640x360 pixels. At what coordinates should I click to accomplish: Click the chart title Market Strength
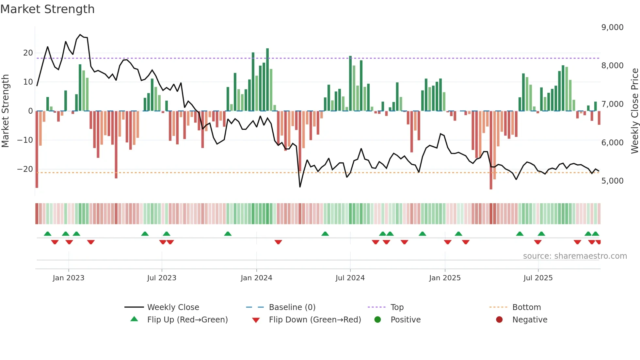pos(47,9)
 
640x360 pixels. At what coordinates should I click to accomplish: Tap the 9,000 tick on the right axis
pos(612,27)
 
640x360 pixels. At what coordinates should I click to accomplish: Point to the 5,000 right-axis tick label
pos(612,181)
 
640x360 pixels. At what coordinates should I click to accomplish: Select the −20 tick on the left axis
pos(25,169)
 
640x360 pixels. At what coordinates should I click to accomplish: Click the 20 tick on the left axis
pos(28,53)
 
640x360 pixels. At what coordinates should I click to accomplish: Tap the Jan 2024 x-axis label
pos(256,278)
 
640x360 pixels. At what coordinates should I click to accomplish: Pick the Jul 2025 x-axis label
pos(538,278)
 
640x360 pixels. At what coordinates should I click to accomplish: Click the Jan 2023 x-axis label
pos(69,278)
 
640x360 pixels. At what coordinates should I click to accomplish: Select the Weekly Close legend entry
pos(173,307)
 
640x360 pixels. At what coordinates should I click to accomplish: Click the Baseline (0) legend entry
pos(292,307)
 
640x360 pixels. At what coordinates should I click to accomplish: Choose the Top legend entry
pos(397,307)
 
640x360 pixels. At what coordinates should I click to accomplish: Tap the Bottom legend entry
pos(526,307)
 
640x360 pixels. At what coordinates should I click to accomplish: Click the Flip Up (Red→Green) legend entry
pos(187,320)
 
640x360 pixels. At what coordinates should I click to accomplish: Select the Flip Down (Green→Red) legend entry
pos(315,320)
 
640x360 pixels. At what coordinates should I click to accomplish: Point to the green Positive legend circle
pos(377,320)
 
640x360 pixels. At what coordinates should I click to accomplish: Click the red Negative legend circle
pos(499,320)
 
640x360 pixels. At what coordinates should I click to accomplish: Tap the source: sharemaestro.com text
pos(575,256)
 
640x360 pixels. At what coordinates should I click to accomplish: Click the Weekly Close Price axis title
pos(634,111)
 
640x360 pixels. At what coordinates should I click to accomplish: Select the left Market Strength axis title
pos(6,111)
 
